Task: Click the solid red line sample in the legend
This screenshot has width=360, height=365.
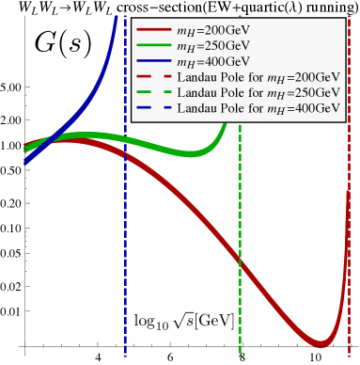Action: (x=152, y=30)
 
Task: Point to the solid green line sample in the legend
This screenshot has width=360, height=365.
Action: (x=152, y=46)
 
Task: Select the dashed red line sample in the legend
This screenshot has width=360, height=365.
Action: (x=152, y=77)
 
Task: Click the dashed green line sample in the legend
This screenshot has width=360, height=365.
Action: (x=152, y=93)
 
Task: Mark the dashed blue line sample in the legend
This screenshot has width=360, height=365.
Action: (x=152, y=109)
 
